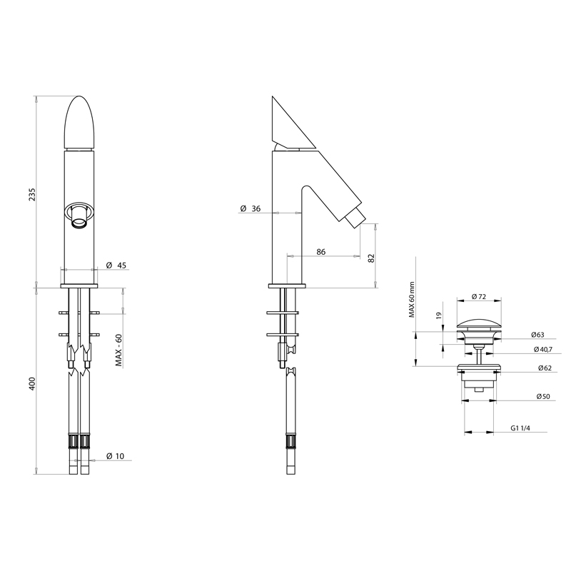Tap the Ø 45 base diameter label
coord(116,266)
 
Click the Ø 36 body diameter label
coord(251,208)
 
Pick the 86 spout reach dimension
coord(320,252)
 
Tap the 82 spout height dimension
coord(371,258)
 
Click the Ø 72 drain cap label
coord(479,296)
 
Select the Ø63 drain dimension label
coord(539,334)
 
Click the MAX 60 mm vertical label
coord(412,300)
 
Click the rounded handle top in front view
coord(79,121)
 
